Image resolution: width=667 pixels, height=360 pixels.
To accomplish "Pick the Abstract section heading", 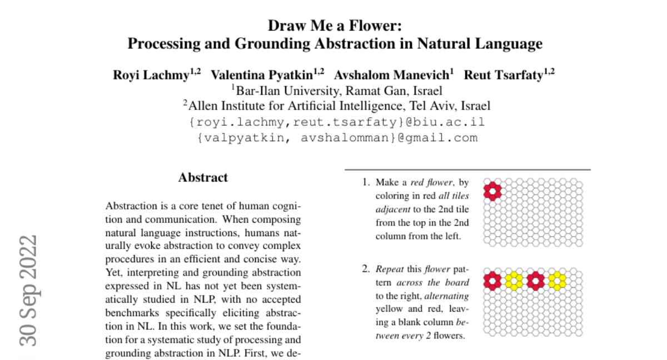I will [x=203, y=178].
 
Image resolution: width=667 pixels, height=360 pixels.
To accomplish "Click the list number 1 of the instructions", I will [x=366, y=182].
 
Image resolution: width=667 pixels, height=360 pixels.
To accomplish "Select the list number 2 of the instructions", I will [x=366, y=270].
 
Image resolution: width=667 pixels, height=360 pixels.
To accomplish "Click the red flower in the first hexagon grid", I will [x=492, y=191].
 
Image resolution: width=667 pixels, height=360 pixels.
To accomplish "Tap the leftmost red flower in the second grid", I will [x=492, y=281].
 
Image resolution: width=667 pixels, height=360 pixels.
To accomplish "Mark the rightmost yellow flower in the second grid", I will [x=558, y=281].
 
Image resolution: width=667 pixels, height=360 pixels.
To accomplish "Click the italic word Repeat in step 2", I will [x=389, y=270].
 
